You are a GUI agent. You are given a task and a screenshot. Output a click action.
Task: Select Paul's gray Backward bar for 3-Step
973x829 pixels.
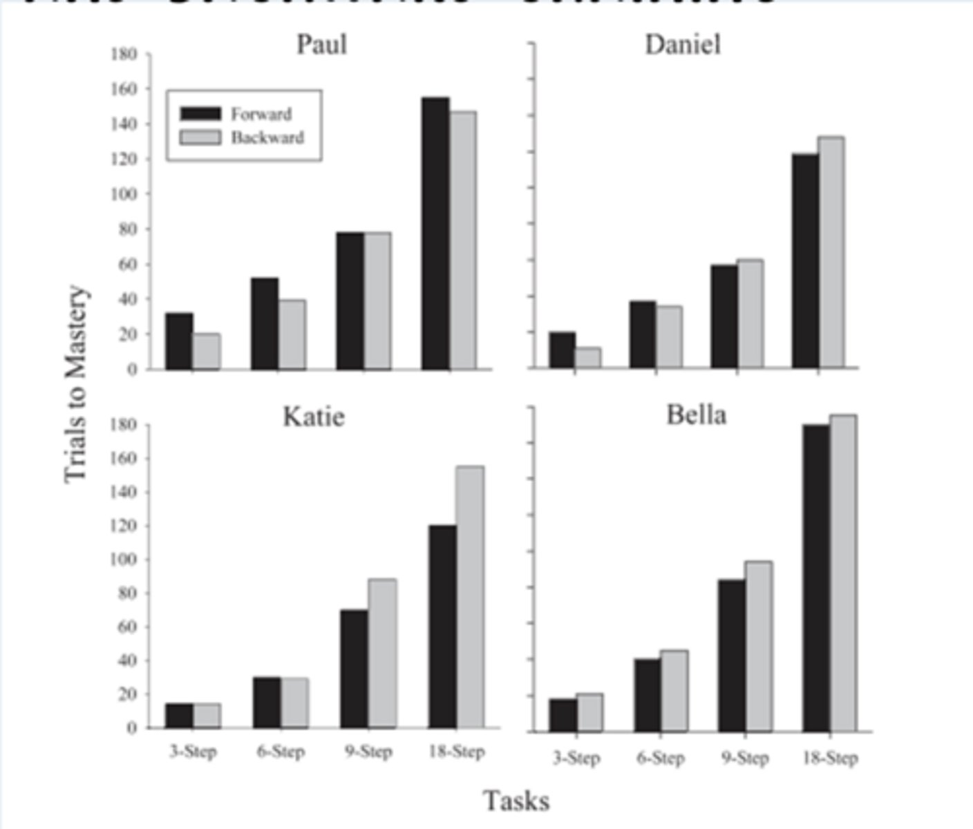tap(206, 352)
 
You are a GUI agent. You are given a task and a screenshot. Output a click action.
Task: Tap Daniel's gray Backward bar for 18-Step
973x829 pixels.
tap(831, 252)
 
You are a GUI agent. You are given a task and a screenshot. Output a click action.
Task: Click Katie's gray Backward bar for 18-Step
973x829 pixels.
tap(470, 597)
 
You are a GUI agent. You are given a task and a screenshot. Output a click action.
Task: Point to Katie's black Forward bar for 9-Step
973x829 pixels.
tap(354, 669)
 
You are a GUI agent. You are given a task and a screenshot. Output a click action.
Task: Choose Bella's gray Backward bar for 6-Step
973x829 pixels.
tap(674, 691)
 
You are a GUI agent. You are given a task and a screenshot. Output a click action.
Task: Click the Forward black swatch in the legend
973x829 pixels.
tap(200, 114)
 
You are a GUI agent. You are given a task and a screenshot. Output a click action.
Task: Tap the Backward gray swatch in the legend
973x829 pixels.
tap(200, 137)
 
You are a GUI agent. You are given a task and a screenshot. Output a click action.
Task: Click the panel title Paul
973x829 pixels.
tap(321, 45)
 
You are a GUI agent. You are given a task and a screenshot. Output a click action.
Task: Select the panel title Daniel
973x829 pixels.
tap(682, 45)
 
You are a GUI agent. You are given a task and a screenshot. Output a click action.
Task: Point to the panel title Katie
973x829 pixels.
tap(313, 417)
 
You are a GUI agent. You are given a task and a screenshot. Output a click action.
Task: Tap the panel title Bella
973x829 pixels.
tap(696, 415)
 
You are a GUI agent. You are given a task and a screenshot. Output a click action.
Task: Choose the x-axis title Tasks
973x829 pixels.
tap(516, 801)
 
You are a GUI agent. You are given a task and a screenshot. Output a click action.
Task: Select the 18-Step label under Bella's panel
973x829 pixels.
tap(830, 759)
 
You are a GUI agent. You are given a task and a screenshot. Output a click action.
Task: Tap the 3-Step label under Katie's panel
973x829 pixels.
tap(193, 752)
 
